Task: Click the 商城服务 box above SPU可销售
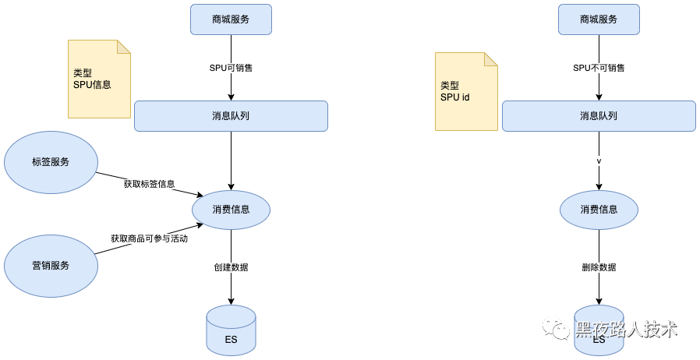click(x=231, y=19)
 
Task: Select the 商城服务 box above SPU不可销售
click(x=599, y=19)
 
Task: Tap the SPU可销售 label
click(x=231, y=68)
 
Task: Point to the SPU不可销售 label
click(x=599, y=68)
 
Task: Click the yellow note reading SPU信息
click(x=99, y=79)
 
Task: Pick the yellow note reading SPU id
click(x=466, y=91)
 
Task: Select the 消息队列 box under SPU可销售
click(x=231, y=116)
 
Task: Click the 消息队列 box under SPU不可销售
click(x=599, y=116)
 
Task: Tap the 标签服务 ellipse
click(x=51, y=162)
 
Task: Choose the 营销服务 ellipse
click(x=51, y=265)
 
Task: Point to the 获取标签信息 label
click(x=149, y=185)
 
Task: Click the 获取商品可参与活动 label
click(x=149, y=238)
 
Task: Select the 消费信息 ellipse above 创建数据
click(x=231, y=210)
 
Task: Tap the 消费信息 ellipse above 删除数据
click(x=599, y=210)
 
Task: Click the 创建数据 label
click(x=231, y=267)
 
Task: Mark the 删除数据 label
click(x=599, y=267)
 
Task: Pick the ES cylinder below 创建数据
click(x=231, y=329)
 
